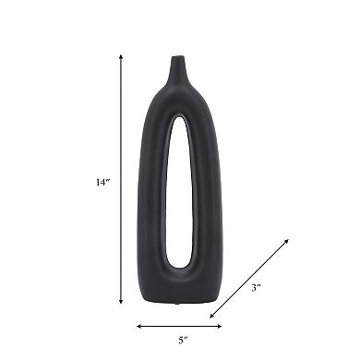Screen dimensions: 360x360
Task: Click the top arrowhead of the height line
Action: coord(121,56)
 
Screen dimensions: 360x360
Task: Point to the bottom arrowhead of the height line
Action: coord(121,302)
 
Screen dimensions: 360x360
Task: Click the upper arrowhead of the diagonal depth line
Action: coord(287,240)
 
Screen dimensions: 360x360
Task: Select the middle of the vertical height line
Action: coord(121,179)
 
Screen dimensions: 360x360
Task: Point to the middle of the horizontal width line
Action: coord(179,325)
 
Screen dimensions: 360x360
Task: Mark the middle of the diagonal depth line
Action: coord(250,279)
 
